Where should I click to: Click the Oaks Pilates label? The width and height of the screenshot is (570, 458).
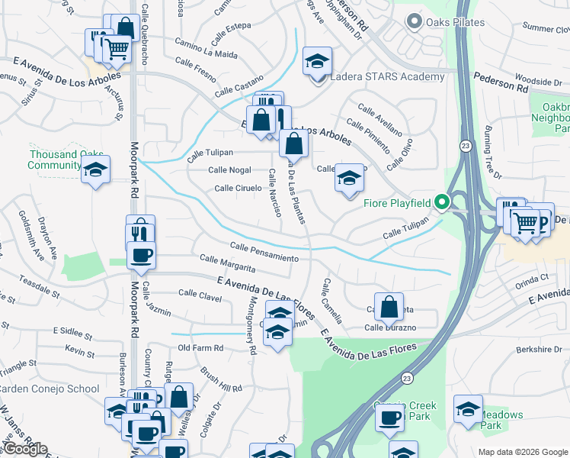click(x=455, y=22)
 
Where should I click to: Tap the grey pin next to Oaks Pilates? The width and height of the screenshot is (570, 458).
click(x=415, y=22)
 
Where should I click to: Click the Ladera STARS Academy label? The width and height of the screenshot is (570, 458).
click(x=386, y=77)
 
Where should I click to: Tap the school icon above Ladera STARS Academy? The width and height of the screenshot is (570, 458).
click(x=318, y=61)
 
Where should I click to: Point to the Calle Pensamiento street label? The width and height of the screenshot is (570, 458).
click(x=264, y=252)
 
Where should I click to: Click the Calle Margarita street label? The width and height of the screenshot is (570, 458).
click(x=227, y=264)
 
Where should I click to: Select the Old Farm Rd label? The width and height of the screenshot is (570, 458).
click(x=200, y=348)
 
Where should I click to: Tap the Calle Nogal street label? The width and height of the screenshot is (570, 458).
click(x=229, y=170)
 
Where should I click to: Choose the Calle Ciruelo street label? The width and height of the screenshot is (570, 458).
click(x=239, y=188)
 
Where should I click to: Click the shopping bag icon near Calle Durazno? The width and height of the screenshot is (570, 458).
click(x=389, y=308)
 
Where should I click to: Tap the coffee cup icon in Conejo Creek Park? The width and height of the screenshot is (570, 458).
click(x=389, y=418)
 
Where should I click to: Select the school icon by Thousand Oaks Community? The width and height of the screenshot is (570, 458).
click(x=96, y=170)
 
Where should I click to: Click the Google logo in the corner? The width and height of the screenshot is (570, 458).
click(x=25, y=449)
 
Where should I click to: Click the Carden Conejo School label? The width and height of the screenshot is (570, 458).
click(x=48, y=389)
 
